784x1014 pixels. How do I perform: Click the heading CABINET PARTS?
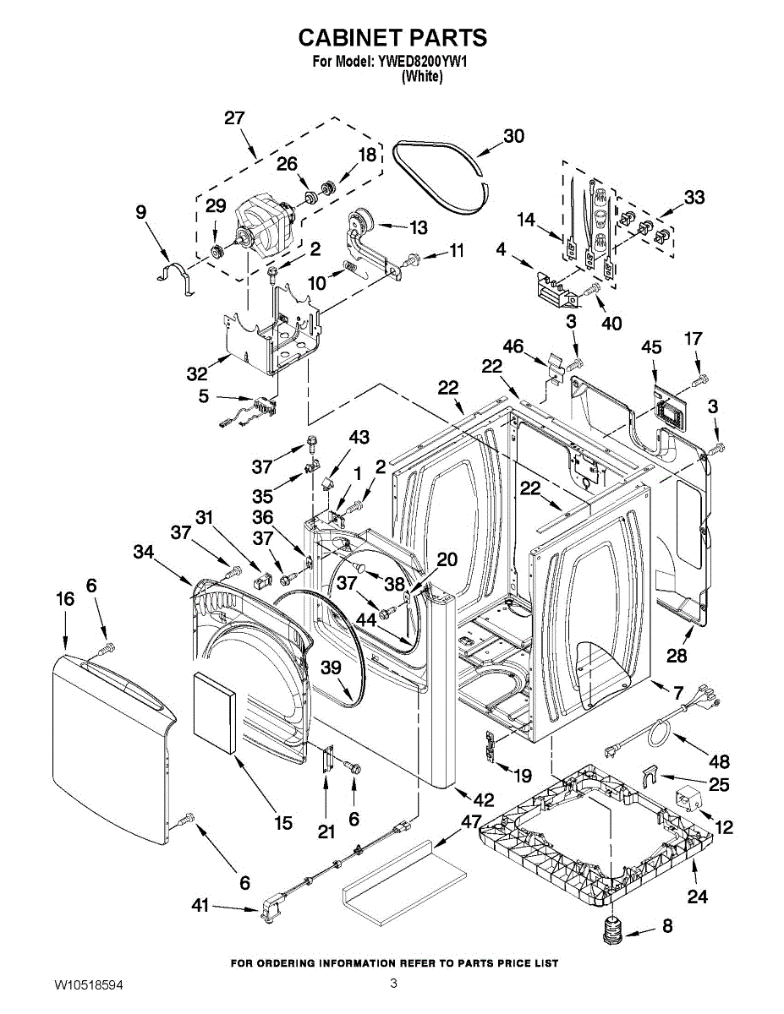coord(392,37)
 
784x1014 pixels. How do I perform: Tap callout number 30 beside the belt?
coord(513,136)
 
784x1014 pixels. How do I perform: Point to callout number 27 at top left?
coord(234,118)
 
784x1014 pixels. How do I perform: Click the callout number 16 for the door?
coord(65,599)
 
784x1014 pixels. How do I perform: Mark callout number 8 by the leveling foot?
coord(667,926)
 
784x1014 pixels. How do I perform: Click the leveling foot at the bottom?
coord(612,932)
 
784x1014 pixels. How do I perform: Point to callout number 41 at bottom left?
coord(200,906)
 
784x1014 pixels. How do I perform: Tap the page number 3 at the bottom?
coord(394,983)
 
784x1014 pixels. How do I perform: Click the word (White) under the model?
coord(421,76)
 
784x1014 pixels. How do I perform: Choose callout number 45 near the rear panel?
coord(650,347)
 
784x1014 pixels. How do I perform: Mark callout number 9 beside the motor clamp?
coord(140,214)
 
